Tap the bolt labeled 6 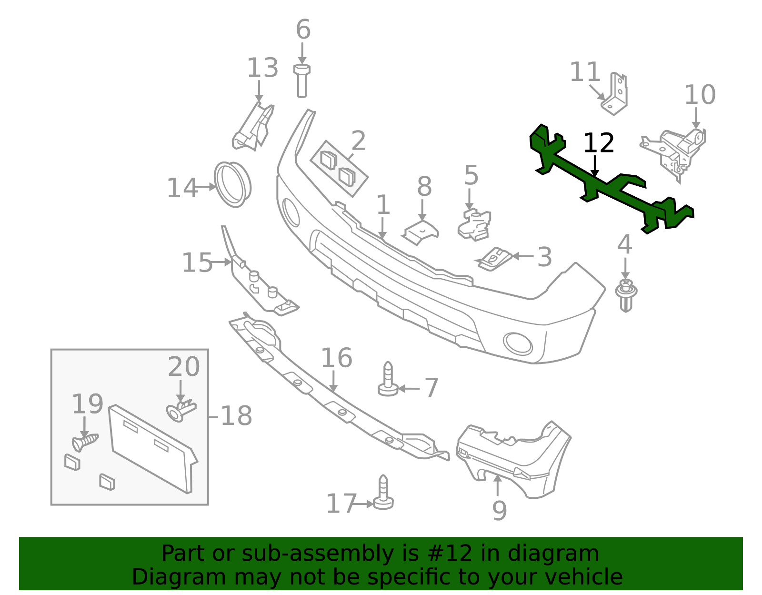pyautogui.click(x=302, y=81)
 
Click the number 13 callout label pyautogui.click(x=262, y=68)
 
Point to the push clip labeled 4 pyautogui.click(x=626, y=295)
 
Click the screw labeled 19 pyautogui.click(x=85, y=443)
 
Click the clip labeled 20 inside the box pyautogui.click(x=181, y=411)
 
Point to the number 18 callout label pyautogui.click(x=236, y=416)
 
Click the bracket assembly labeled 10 pyautogui.click(x=676, y=150)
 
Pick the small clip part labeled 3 pyautogui.click(x=495, y=258)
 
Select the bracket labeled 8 pyautogui.click(x=421, y=232)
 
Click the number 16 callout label pyautogui.click(x=336, y=358)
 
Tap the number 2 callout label pyautogui.click(x=359, y=141)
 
